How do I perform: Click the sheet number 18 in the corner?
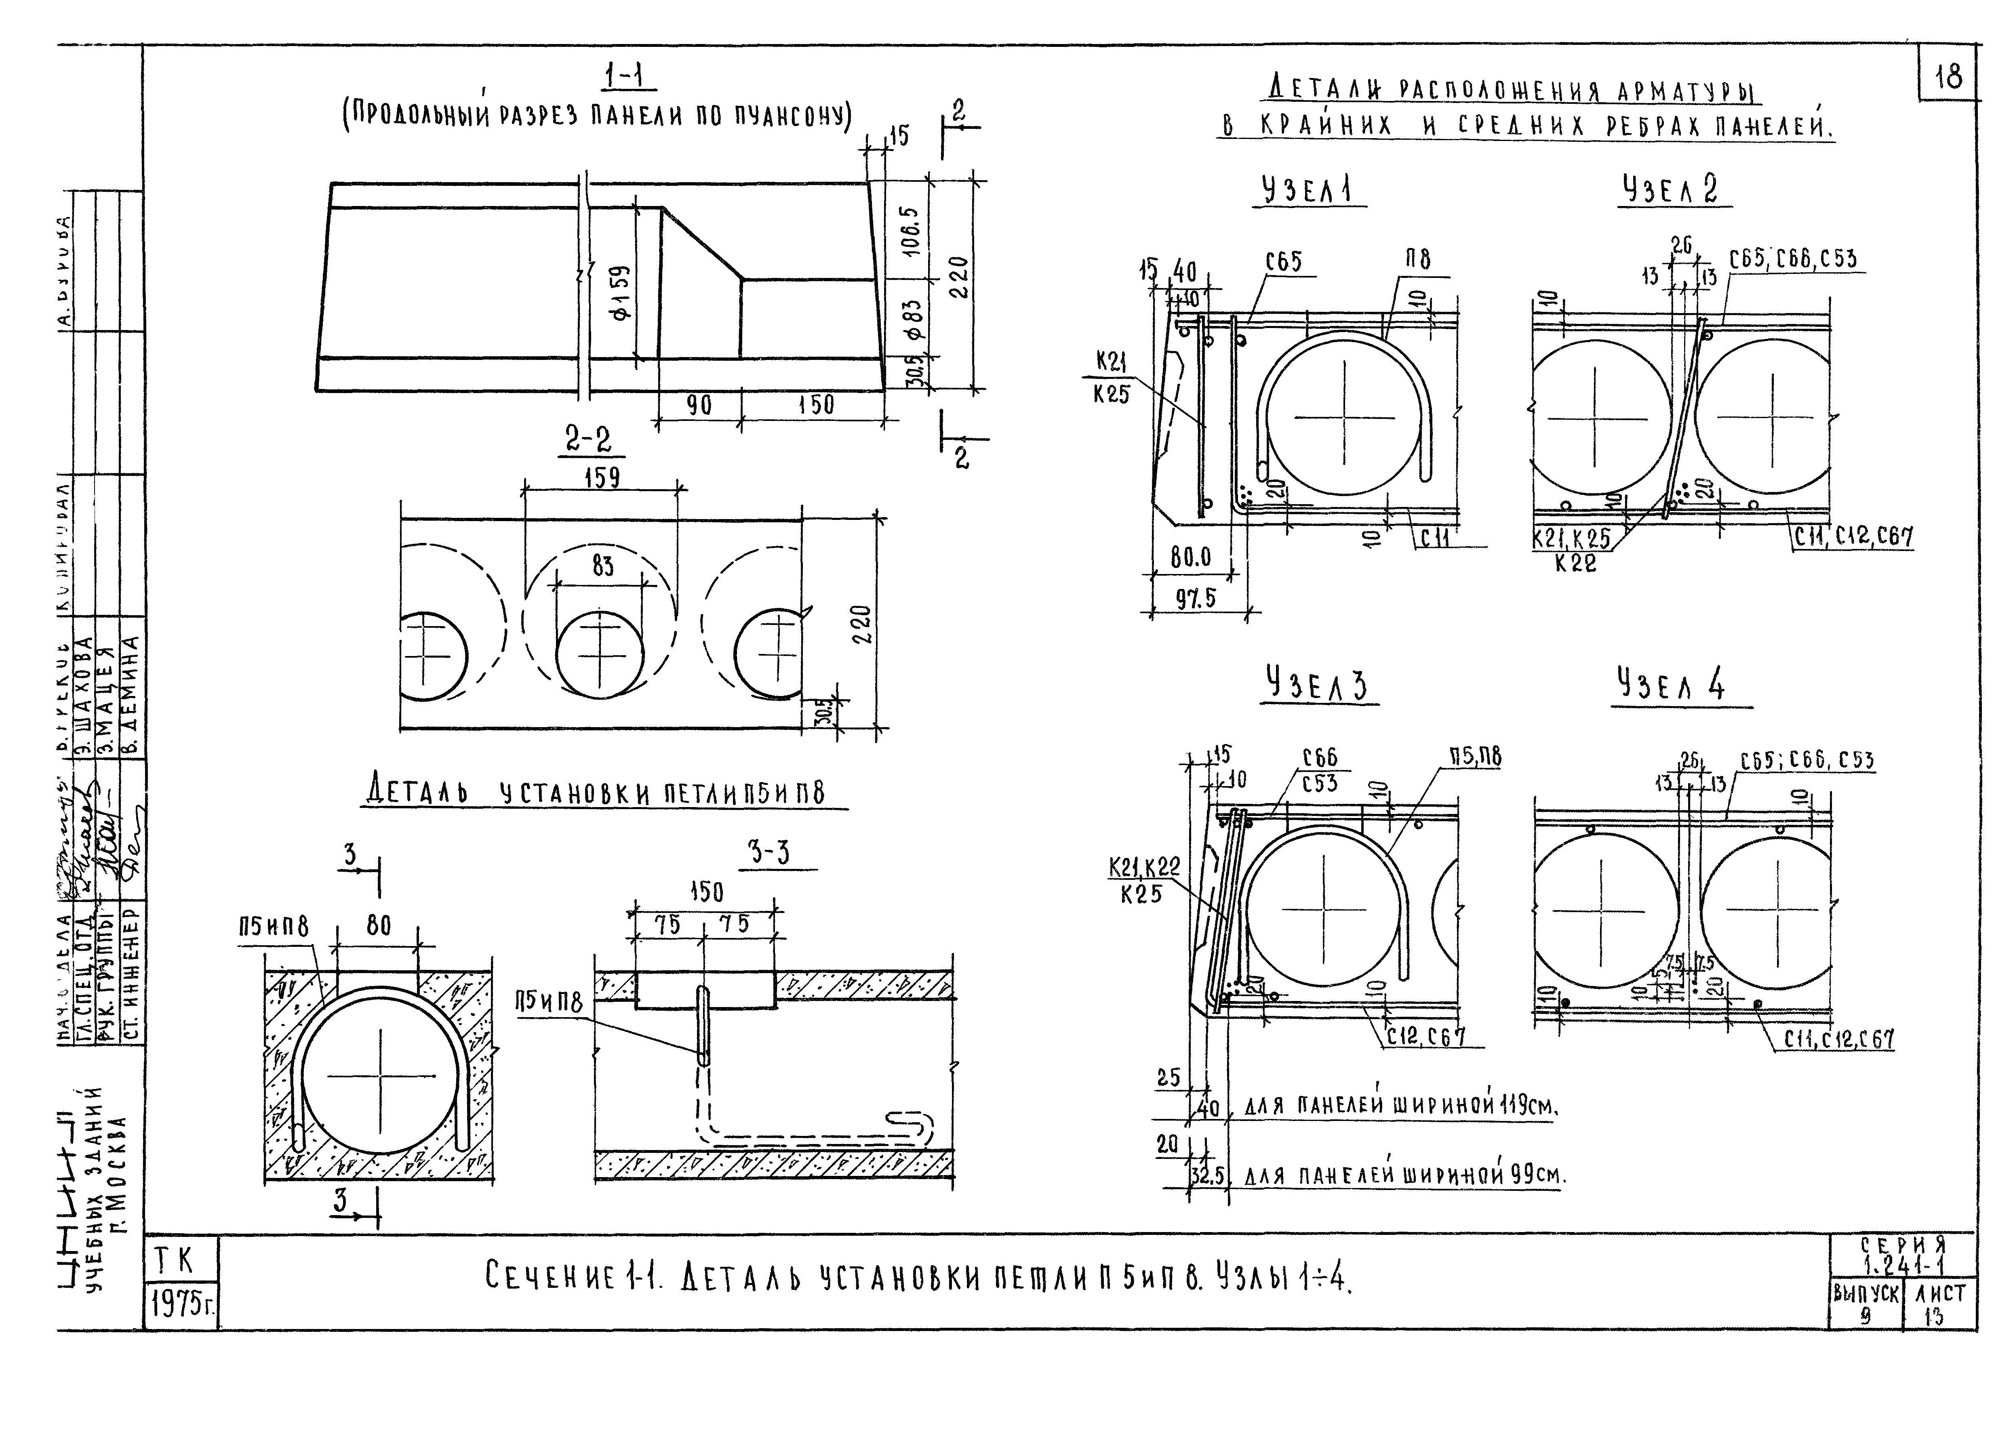pos(1948,78)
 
